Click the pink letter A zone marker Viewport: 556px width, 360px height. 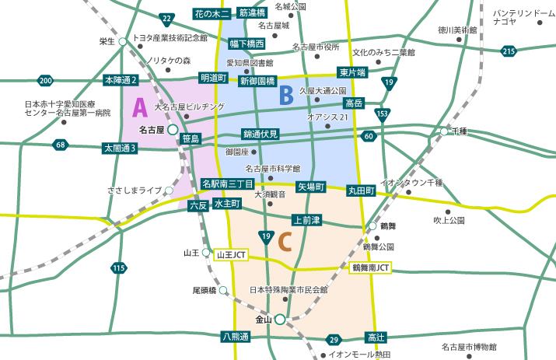[140, 107]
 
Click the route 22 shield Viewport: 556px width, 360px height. [167, 18]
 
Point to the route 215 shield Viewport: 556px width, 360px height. [509, 51]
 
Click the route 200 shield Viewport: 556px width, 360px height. [45, 80]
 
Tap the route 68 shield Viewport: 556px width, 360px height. [61, 145]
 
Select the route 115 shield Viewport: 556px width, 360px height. [118, 268]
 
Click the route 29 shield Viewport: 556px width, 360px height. [333, 339]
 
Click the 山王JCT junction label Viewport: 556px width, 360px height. [231, 253]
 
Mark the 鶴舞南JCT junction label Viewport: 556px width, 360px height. [370, 267]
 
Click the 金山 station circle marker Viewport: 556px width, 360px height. [279, 319]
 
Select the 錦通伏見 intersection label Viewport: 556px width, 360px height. [260, 134]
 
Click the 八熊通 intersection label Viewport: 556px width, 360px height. [235, 337]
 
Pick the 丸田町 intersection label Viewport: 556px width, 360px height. [362, 190]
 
